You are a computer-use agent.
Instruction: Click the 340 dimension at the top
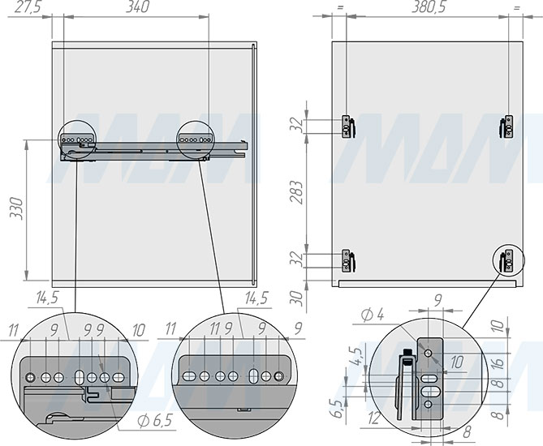[137, 7]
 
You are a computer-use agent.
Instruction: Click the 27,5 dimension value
[28, 7]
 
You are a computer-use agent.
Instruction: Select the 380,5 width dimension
[429, 7]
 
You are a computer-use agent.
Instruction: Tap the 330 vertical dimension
[16, 208]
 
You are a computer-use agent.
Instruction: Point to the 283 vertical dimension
[296, 192]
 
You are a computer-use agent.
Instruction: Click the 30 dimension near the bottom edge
[296, 298]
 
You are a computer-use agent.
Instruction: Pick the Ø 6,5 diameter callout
[155, 421]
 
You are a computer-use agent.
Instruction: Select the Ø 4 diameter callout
[373, 315]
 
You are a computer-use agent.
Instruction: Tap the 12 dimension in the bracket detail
[374, 418]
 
